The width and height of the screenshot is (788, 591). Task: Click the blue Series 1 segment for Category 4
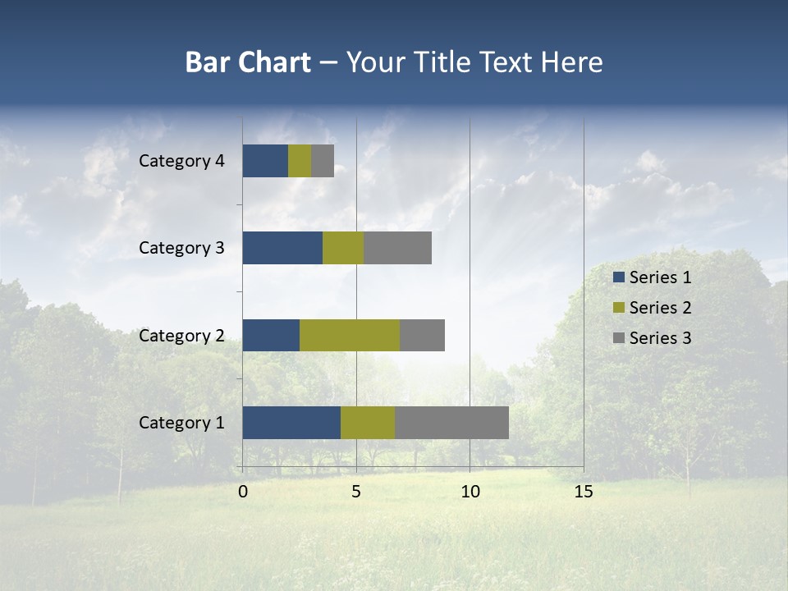point(265,161)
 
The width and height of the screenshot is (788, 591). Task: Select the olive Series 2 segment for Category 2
point(350,335)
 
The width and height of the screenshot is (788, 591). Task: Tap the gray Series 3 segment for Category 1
point(451,423)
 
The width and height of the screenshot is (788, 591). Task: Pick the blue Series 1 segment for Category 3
point(282,248)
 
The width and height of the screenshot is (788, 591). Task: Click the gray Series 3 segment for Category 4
point(323,161)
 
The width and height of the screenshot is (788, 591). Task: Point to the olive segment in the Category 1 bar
point(368,423)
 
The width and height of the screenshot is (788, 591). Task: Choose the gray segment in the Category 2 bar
point(422,335)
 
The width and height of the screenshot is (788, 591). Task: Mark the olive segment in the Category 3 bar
point(343,248)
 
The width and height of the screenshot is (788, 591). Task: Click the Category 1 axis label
point(181,423)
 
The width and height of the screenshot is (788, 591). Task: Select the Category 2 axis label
point(181,336)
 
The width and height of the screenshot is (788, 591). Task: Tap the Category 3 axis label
point(181,248)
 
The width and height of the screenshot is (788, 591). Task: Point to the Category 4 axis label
point(181,161)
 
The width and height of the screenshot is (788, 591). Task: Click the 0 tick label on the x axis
point(243,492)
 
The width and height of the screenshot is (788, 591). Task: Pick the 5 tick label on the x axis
point(356,492)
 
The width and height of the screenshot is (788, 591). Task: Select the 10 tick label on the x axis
point(470,492)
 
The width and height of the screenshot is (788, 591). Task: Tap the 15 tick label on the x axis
point(583,492)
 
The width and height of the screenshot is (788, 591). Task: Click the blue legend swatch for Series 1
point(618,277)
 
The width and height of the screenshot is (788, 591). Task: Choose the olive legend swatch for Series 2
point(618,308)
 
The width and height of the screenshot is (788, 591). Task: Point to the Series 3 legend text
point(660,338)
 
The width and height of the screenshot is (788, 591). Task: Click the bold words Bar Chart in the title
point(248,62)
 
